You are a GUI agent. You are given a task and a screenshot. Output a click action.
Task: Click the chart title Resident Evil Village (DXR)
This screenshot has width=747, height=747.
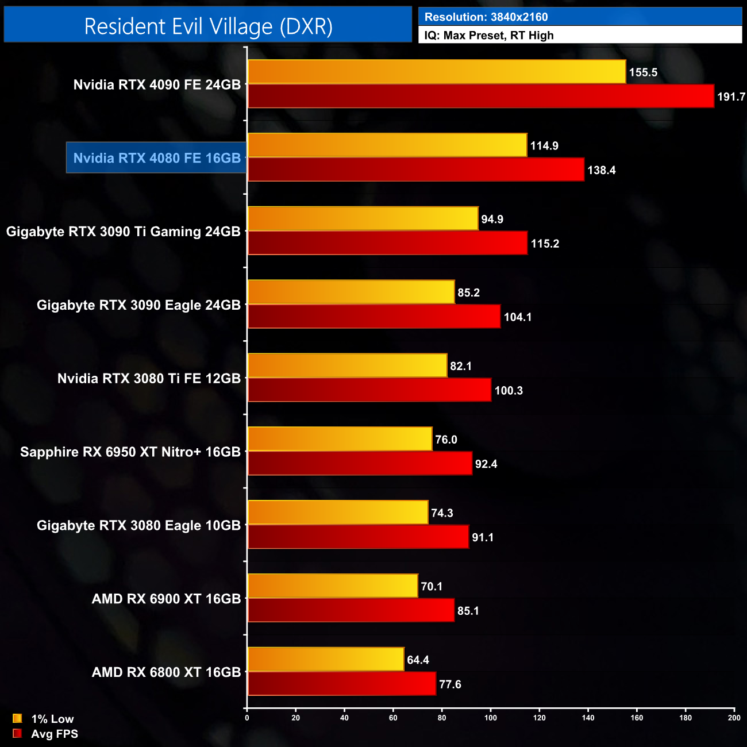[208, 26]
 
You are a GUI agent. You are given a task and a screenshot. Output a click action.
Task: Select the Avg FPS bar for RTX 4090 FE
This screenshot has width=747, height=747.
[480, 96]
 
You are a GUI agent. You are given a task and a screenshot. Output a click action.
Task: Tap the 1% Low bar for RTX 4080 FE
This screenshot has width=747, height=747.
[387, 145]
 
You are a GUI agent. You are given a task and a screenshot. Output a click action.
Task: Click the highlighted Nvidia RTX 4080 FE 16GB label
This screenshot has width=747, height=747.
[157, 158]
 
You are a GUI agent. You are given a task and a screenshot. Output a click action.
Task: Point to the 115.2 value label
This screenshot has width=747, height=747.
[545, 244]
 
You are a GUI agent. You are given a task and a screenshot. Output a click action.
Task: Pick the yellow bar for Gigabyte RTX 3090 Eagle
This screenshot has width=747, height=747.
[351, 292]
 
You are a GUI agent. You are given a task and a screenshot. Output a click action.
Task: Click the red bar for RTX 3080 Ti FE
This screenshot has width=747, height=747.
[369, 390]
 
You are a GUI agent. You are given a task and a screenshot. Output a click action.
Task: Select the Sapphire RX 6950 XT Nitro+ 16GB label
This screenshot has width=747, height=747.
[130, 452]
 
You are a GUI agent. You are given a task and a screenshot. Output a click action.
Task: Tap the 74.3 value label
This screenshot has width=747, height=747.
[442, 513]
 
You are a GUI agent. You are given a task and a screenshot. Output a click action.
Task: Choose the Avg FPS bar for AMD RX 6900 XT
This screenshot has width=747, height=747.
[351, 610]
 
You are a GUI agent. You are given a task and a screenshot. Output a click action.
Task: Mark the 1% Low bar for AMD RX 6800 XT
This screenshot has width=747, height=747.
[325, 659]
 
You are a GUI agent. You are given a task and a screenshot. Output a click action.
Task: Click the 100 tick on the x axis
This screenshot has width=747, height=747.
[491, 718]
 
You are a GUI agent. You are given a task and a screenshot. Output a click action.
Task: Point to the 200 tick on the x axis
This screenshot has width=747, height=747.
[734, 718]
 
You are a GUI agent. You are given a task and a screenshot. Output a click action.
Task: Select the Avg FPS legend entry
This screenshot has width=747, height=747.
[45, 734]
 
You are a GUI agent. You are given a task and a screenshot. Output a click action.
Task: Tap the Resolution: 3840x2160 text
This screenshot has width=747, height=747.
[486, 17]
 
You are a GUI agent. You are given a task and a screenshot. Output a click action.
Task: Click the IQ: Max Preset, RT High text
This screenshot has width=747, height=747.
[489, 36]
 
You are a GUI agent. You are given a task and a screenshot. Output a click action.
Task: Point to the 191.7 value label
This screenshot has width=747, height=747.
[731, 97]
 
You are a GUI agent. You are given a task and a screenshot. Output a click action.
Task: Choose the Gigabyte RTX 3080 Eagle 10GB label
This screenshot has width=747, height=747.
[138, 526]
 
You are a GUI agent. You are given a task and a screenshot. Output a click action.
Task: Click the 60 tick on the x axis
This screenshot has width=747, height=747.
[393, 718]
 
